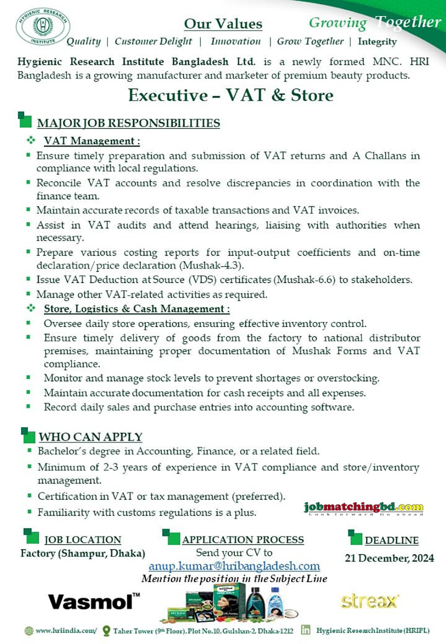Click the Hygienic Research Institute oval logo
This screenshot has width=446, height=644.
43,26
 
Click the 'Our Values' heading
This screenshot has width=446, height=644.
223,24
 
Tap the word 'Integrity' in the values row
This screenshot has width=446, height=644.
377,42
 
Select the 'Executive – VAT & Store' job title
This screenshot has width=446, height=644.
231,95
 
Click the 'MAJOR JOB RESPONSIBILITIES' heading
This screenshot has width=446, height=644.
128,123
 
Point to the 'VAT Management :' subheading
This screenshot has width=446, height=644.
91,141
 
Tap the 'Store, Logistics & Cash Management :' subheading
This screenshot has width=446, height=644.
136,309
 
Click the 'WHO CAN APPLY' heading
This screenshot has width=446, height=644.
90,437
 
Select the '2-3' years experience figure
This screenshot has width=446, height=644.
111,467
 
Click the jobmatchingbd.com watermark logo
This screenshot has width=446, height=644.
363,508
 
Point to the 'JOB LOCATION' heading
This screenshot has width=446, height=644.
83,540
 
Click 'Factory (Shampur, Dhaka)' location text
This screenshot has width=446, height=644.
83,553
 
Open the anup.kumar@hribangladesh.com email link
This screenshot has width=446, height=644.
234,566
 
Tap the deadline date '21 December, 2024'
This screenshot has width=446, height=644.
389,558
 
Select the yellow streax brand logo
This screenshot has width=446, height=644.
369,601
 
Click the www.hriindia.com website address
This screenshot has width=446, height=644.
66,631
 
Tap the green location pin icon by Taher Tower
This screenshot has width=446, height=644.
106,631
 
